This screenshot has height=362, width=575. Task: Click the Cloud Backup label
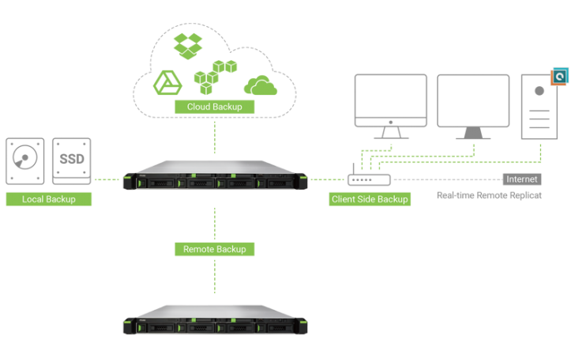(215, 106)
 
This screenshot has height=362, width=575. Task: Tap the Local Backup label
(49, 199)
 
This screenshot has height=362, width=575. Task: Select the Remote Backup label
(214, 249)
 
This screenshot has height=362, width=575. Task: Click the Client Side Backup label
(370, 199)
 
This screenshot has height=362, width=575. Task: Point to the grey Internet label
(522, 179)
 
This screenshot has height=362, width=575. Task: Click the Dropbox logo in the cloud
(189, 45)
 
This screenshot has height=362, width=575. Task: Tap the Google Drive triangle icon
(167, 82)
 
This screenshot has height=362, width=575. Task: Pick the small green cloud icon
(261, 85)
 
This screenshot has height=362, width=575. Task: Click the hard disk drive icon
(26, 163)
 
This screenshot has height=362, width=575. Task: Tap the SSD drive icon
(72, 163)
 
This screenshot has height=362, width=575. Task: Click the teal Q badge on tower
(561, 76)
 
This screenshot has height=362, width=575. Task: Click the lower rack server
(215, 322)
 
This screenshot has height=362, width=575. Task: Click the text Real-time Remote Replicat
(489, 195)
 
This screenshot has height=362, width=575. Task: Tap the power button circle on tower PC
(539, 90)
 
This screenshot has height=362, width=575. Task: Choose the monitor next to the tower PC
(473, 106)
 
